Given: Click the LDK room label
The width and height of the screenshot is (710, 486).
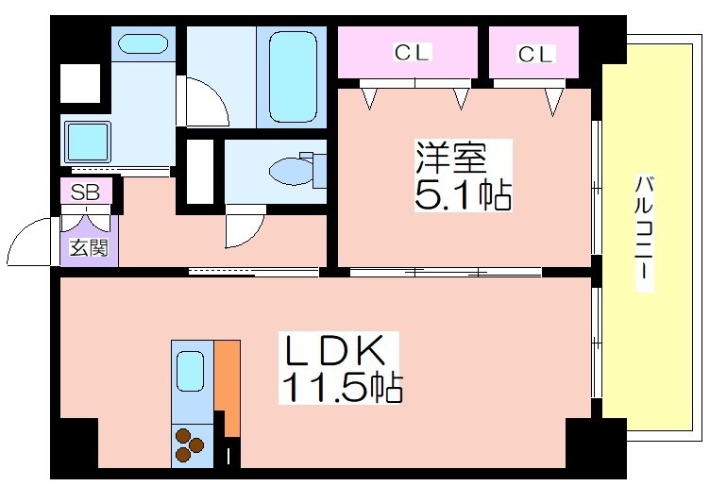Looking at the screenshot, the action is click(x=334, y=350).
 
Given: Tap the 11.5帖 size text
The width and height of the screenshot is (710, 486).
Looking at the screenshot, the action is click(x=342, y=387).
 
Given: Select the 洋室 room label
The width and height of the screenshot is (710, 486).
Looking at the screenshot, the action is click(x=451, y=158).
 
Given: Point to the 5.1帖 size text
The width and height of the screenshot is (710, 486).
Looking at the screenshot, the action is click(x=463, y=194).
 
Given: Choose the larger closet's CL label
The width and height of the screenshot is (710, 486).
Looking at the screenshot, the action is click(x=411, y=53).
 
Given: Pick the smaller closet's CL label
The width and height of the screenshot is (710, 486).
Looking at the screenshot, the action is click(x=535, y=55).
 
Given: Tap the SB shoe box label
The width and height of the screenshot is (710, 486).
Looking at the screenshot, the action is click(x=85, y=193).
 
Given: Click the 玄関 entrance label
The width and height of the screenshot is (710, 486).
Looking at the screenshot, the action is click(x=89, y=247).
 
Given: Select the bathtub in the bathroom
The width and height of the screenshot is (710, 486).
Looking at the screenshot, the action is click(x=293, y=77).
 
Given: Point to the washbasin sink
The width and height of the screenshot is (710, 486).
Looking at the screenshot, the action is click(x=143, y=44).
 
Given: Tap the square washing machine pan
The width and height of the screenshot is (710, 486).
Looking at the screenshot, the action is click(x=88, y=142).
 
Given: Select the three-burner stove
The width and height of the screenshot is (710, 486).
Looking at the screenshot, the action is click(x=190, y=444).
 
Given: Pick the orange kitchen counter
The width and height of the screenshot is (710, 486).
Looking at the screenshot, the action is click(x=228, y=388).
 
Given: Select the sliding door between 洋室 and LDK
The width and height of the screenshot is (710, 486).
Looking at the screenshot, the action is click(x=446, y=273).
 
